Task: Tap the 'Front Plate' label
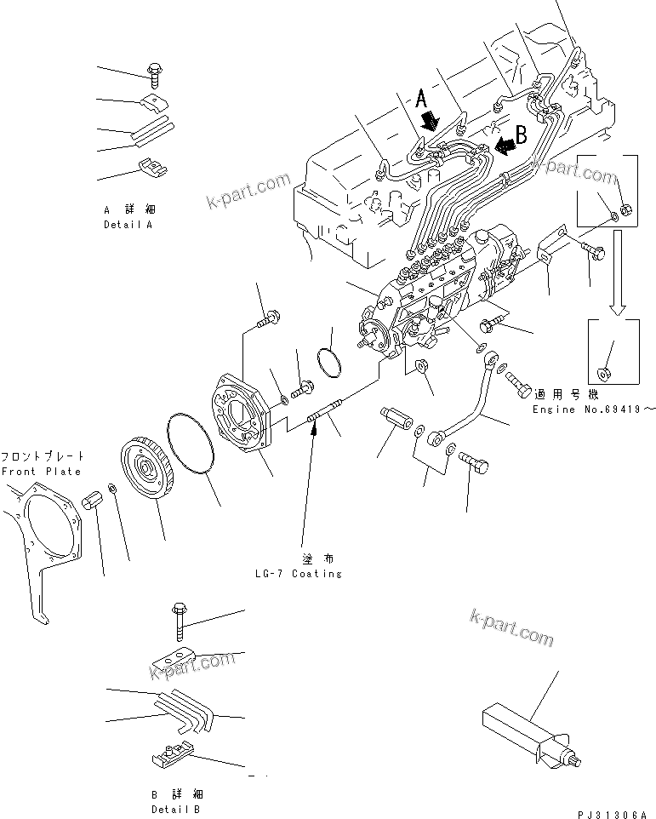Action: coord(41,471)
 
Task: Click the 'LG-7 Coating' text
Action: coord(299,573)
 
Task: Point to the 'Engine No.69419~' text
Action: coord(595,409)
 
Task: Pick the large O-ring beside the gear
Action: coord(197,452)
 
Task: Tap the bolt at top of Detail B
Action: coord(180,622)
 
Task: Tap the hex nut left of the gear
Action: coord(94,503)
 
